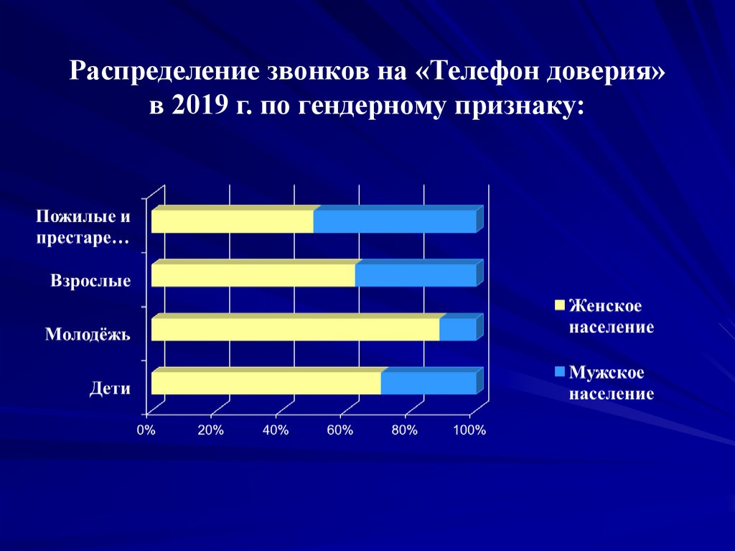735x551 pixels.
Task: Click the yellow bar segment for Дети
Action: coord(266,383)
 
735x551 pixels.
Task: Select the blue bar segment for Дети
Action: coord(428,383)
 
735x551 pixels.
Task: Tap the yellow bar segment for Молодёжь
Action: coord(295,329)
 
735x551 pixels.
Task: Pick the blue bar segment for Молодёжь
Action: coord(457,329)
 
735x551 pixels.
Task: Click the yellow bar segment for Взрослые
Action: coord(253,275)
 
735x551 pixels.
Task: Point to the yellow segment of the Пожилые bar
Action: coord(232,221)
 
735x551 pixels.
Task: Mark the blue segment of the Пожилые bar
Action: coord(394,221)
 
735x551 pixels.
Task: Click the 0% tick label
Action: coord(146,430)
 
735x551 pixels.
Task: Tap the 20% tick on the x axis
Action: coord(210,430)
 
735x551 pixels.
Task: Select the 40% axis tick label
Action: coord(276,430)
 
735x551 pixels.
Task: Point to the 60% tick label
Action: coord(340,430)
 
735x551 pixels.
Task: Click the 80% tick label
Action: coord(405,430)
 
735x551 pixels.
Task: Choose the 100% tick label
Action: coord(470,430)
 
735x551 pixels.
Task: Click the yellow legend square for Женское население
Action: coord(560,305)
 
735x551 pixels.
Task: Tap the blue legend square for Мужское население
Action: coord(560,372)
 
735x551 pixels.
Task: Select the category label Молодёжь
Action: coord(88,334)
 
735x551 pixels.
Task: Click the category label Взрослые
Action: coord(90,280)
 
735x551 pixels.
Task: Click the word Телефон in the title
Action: coord(482,71)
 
